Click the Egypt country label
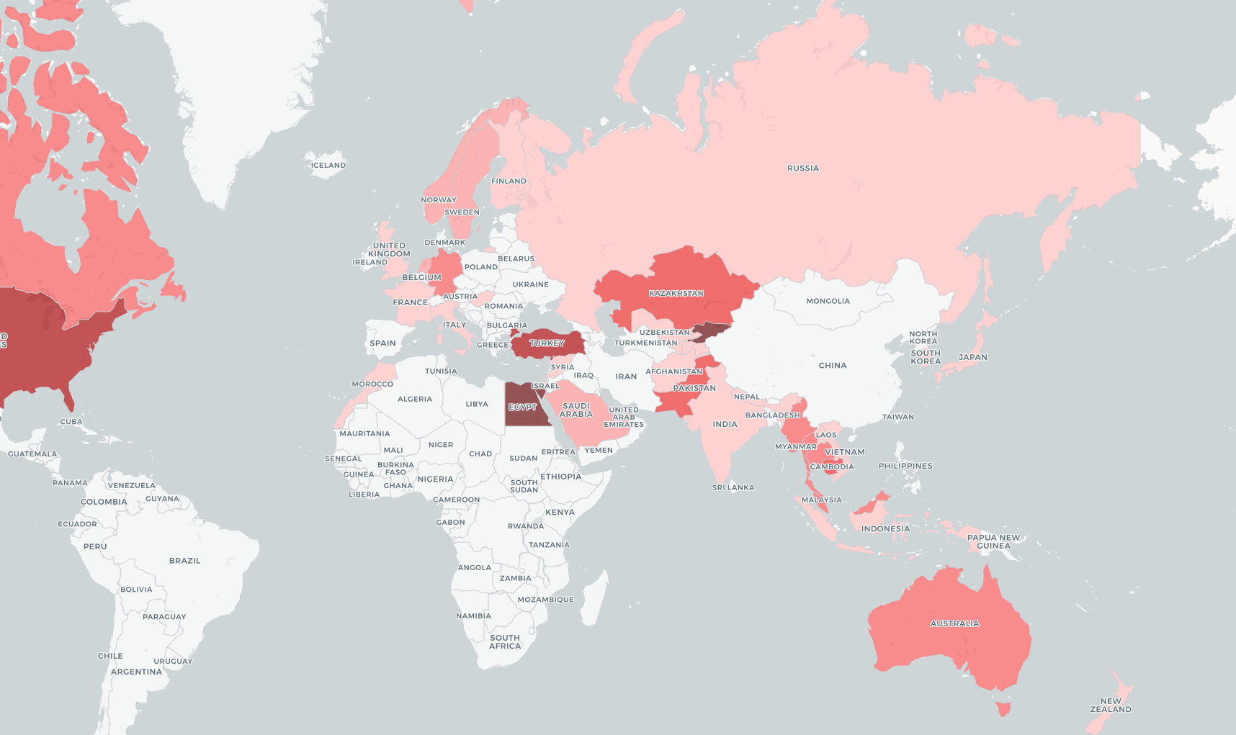point(522,407)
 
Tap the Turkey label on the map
point(547,343)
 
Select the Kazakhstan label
point(676,294)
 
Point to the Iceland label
point(328,166)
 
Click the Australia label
point(954,623)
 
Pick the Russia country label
point(802,168)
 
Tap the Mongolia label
point(828,302)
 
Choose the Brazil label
point(184,561)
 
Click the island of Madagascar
point(594,598)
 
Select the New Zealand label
point(1110,705)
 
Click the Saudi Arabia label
point(576,410)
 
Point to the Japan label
point(972,357)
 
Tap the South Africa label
point(504,642)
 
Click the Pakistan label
point(694,388)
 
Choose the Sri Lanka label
point(733,488)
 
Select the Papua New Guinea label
point(993,542)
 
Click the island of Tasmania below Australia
point(1003,709)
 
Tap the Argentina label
point(136,672)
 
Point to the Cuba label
point(71,422)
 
